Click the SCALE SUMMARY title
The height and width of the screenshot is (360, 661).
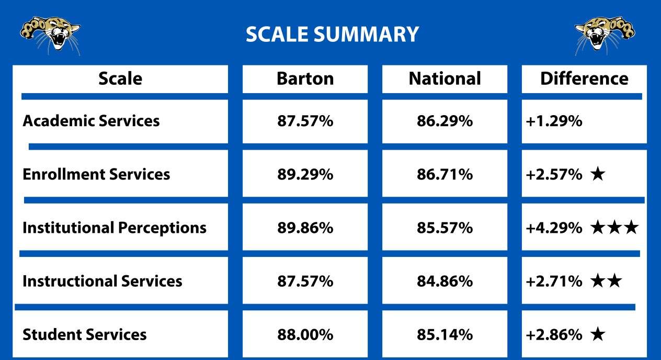tap(332, 35)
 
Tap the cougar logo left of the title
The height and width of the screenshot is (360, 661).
tap(50, 34)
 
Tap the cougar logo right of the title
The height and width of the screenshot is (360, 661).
tap(605, 34)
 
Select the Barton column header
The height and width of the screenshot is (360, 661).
tap(305, 78)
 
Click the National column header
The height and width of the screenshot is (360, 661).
tap(445, 78)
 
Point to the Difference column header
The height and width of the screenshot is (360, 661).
tap(584, 78)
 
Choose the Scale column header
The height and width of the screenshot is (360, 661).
tap(120, 78)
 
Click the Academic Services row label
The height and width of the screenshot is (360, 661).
tap(91, 121)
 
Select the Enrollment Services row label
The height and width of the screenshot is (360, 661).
tap(96, 174)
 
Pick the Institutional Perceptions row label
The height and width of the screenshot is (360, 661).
tap(115, 228)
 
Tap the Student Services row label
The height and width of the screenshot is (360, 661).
tap(85, 334)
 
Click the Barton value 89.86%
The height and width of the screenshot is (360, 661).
tap(305, 228)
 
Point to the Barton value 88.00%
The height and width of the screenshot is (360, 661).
tap(305, 334)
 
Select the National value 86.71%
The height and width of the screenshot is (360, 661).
tap(445, 174)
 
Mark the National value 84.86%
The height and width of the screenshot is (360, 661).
tap(445, 281)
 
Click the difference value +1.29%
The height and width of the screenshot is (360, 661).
tap(554, 121)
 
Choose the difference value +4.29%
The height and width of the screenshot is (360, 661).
tap(554, 228)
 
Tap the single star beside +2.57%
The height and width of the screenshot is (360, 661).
tap(597, 174)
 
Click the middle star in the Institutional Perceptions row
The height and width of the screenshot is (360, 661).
tap(614, 228)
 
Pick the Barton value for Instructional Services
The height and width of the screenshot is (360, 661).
tap(305, 281)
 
